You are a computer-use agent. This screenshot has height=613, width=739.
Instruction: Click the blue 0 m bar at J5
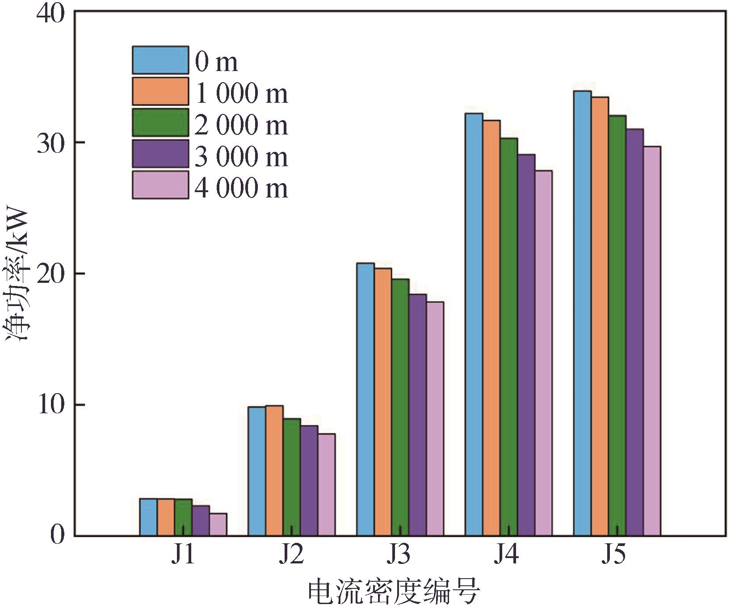(582, 313)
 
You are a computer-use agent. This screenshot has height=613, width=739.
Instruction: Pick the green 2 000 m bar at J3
(400, 407)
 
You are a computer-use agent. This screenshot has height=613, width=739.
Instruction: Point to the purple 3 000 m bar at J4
(526, 344)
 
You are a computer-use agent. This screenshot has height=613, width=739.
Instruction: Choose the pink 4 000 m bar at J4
(544, 353)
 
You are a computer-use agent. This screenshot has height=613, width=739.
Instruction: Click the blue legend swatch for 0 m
(160, 60)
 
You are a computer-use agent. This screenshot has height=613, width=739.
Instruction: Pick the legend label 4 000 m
(241, 187)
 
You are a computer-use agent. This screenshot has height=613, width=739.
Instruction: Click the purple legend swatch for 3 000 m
(160, 154)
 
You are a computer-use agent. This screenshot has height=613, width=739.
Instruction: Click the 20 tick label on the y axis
(50, 273)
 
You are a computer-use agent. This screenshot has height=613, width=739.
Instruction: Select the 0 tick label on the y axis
(57, 535)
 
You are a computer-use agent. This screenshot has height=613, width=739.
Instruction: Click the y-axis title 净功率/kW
(17, 275)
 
